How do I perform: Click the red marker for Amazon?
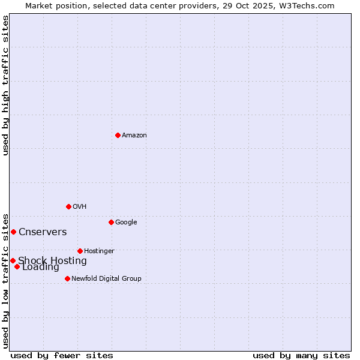118,135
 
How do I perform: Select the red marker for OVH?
68,206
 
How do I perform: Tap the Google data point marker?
111,222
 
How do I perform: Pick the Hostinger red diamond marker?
80,251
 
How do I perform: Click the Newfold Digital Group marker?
67,278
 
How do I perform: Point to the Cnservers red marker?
13,232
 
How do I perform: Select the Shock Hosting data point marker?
13,260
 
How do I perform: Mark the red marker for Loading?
17,266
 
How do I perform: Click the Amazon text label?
134,135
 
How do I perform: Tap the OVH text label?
80,206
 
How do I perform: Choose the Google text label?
126,222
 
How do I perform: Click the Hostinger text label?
99,251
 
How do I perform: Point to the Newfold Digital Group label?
106,278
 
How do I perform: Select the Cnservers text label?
43,232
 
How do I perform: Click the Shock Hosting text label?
52,260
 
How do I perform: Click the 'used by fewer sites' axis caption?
62,355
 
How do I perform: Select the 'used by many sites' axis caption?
301,355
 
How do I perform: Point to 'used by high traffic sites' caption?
5,85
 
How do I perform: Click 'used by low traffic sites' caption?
5,280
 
